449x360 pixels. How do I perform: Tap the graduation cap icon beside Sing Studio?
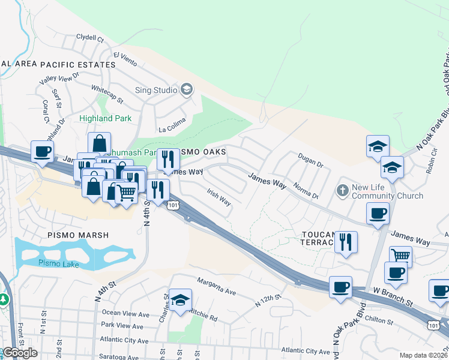click(x=187, y=90)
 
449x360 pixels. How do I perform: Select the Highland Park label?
click(x=105, y=119)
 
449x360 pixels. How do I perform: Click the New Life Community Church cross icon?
click(x=343, y=191)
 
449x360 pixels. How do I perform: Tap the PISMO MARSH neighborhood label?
click(x=75, y=235)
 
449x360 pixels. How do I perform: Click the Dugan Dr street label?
click(x=310, y=160)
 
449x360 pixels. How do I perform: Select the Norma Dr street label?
click(x=306, y=191)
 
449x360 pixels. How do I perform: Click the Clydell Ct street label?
click(x=91, y=37)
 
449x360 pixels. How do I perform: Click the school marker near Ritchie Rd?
click(x=179, y=301)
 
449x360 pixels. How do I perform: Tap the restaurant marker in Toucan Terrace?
click(x=346, y=242)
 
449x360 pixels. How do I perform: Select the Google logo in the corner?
click(x=20, y=353)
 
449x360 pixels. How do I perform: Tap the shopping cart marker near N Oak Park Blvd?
click(x=400, y=257)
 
